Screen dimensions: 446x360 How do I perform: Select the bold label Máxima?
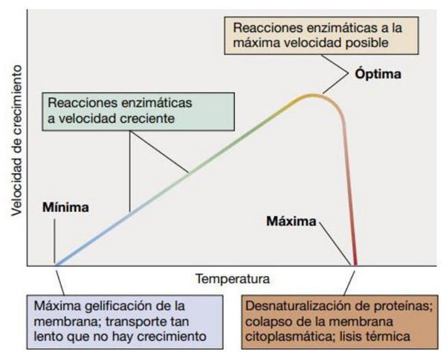tap(291, 222)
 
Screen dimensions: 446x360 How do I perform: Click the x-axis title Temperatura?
tap(233, 280)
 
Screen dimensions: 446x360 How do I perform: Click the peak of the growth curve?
tap(313, 95)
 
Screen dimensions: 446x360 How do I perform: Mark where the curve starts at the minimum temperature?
tap(55, 264)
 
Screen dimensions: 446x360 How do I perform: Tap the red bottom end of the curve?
tap(355, 263)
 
